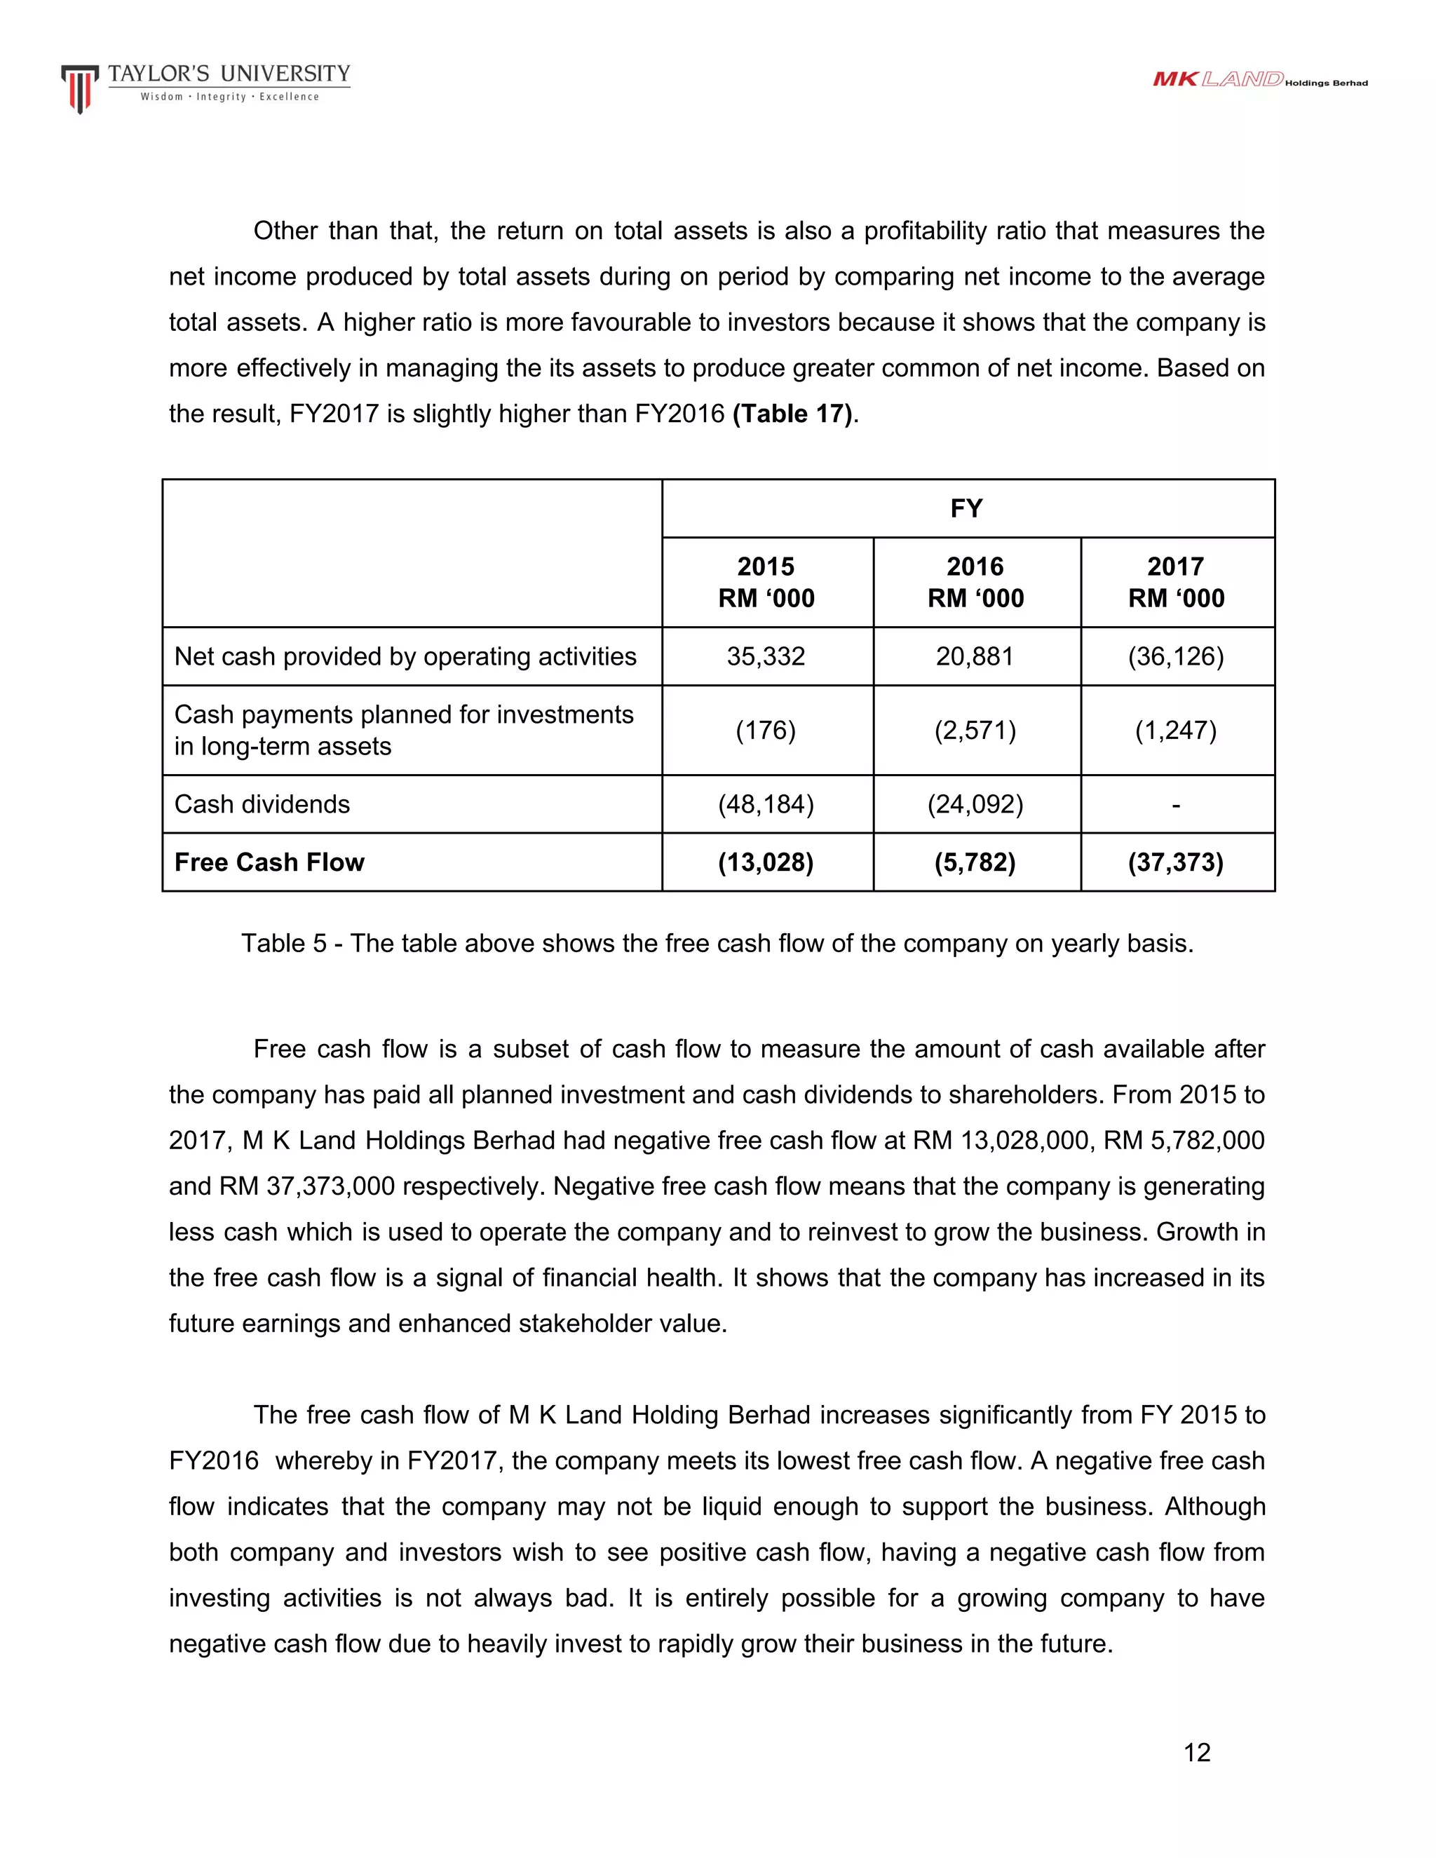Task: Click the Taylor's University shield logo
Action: (x=79, y=88)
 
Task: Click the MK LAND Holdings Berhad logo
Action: (x=1259, y=80)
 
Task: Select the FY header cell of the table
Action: (x=966, y=509)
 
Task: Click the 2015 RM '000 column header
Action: (x=766, y=582)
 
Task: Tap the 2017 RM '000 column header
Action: (x=1176, y=582)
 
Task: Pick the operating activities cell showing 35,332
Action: (x=766, y=657)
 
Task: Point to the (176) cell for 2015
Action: (x=766, y=730)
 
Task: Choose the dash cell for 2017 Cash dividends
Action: (x=1176, y=804)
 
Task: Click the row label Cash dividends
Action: (x=262, y=804)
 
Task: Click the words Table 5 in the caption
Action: (x=283, y=944)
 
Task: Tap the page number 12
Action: (x=1196, y=1753)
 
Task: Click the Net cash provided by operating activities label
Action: (x=405, y=657)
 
